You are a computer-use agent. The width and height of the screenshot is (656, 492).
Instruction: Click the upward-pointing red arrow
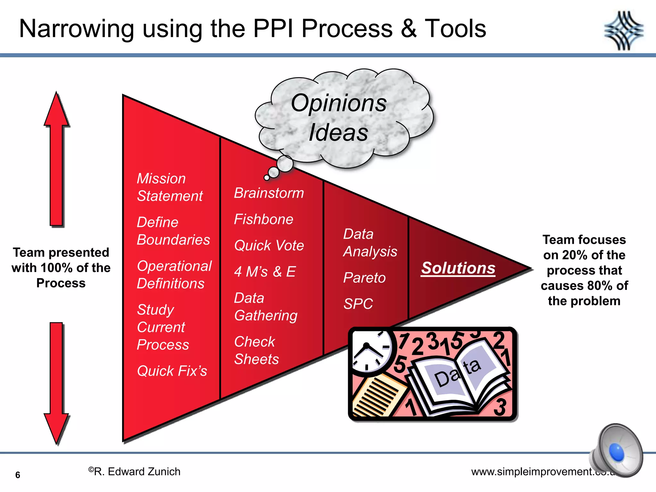pyautogui.click(x=56, y=160)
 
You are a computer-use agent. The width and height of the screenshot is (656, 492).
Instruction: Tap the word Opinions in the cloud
pyautogui.click(x=339, y=103)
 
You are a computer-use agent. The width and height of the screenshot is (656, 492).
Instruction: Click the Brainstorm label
pyautogui.click(x=269, y=193)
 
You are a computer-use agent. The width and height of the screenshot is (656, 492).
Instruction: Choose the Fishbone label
pyautogui.click(x=263, y=219)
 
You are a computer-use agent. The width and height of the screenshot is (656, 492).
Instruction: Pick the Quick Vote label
pyautogui.click(x=269, y=246)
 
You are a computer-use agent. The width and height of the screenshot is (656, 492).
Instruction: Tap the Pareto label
pyautogui.click(x=364, y=278)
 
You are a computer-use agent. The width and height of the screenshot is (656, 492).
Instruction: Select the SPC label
pyautogui.click(x=358, y=304)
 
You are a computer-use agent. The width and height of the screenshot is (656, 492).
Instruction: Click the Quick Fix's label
pyautogui.click(x=172, y=371)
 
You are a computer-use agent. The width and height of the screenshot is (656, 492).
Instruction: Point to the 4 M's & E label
pyautogui.click(x=265, y=272)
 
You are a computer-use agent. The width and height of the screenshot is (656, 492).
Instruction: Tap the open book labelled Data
pyautogui.click(x=458, y=378)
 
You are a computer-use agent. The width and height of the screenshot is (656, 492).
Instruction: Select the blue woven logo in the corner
pyautogui.click(x=624, y=31)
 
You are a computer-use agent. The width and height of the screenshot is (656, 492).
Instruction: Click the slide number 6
pyautogui.click(x=18, y=475)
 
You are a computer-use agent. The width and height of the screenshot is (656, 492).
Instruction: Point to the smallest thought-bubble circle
pyautogui.click(x=266, y=177)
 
